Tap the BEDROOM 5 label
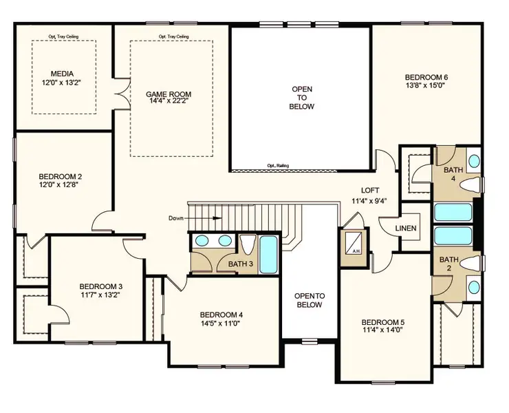point(383,322)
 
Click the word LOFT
point(371,191)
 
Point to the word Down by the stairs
point(176,218)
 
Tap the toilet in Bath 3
point(247,245)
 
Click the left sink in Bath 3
point(202,241)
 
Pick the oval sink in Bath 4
point(475,162)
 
